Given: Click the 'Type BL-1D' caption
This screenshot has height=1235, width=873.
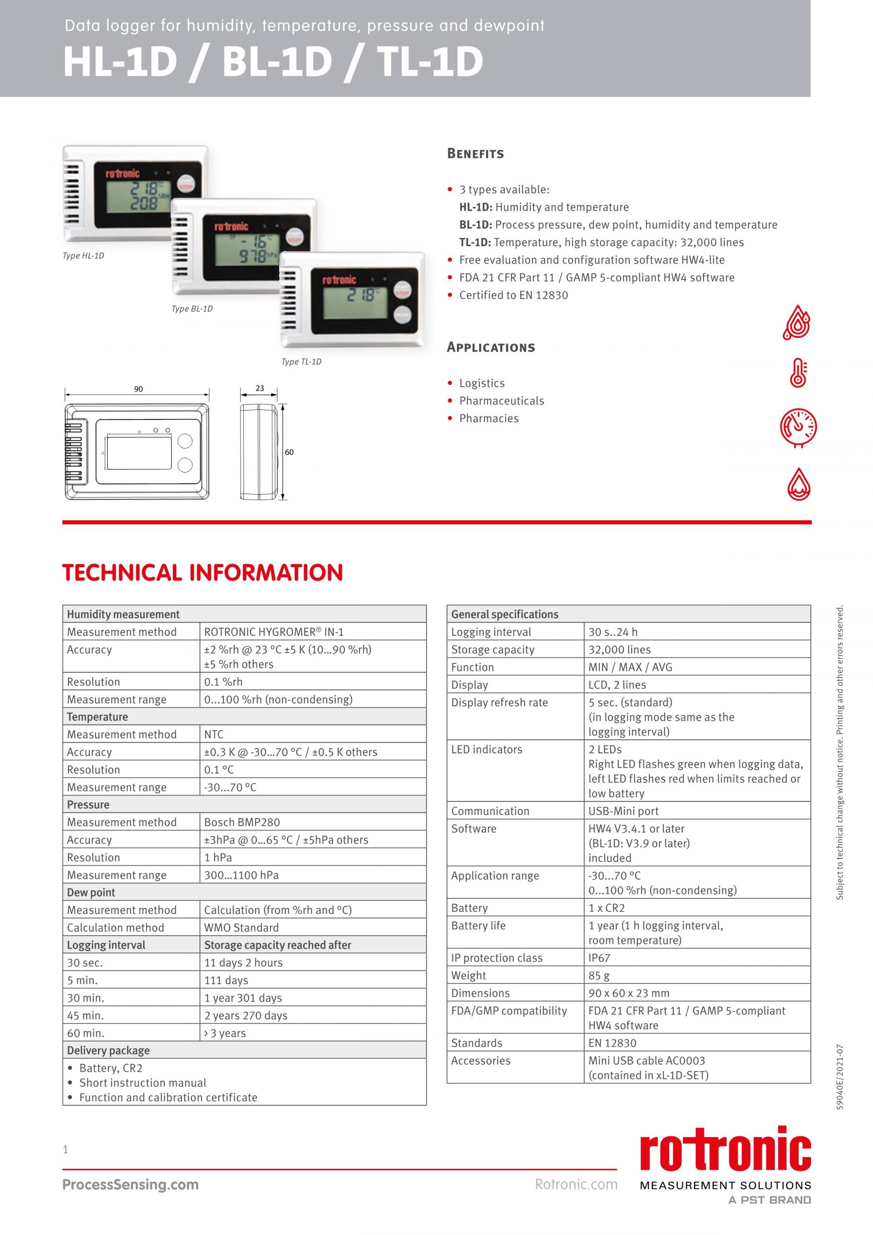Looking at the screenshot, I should (x=192, y=309).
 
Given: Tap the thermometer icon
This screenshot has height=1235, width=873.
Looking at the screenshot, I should (x=798, y=373).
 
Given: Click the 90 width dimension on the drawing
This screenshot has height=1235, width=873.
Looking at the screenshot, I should (x=139, y=389).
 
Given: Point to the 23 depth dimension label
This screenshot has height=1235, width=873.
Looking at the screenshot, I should (x=260, y=388).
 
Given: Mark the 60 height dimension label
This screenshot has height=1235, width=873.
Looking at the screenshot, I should (x=289, y=452).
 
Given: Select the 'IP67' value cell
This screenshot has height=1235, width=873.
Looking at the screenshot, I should (x=599, y=958).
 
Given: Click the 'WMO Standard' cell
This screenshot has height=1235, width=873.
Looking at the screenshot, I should (x=241, y=928).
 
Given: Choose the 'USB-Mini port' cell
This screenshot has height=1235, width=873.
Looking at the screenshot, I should (x=623, y=811).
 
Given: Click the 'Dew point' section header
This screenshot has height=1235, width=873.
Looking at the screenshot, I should (x=91, y=892).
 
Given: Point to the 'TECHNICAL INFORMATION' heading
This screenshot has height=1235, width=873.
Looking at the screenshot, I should (x=203, y=572).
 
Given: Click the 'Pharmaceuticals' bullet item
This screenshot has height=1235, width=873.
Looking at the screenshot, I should (x=501, y=401).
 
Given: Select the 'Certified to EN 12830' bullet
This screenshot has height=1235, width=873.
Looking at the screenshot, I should (x=513, y=295).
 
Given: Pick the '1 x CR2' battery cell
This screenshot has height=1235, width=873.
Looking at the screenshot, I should (x=607, y=908).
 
